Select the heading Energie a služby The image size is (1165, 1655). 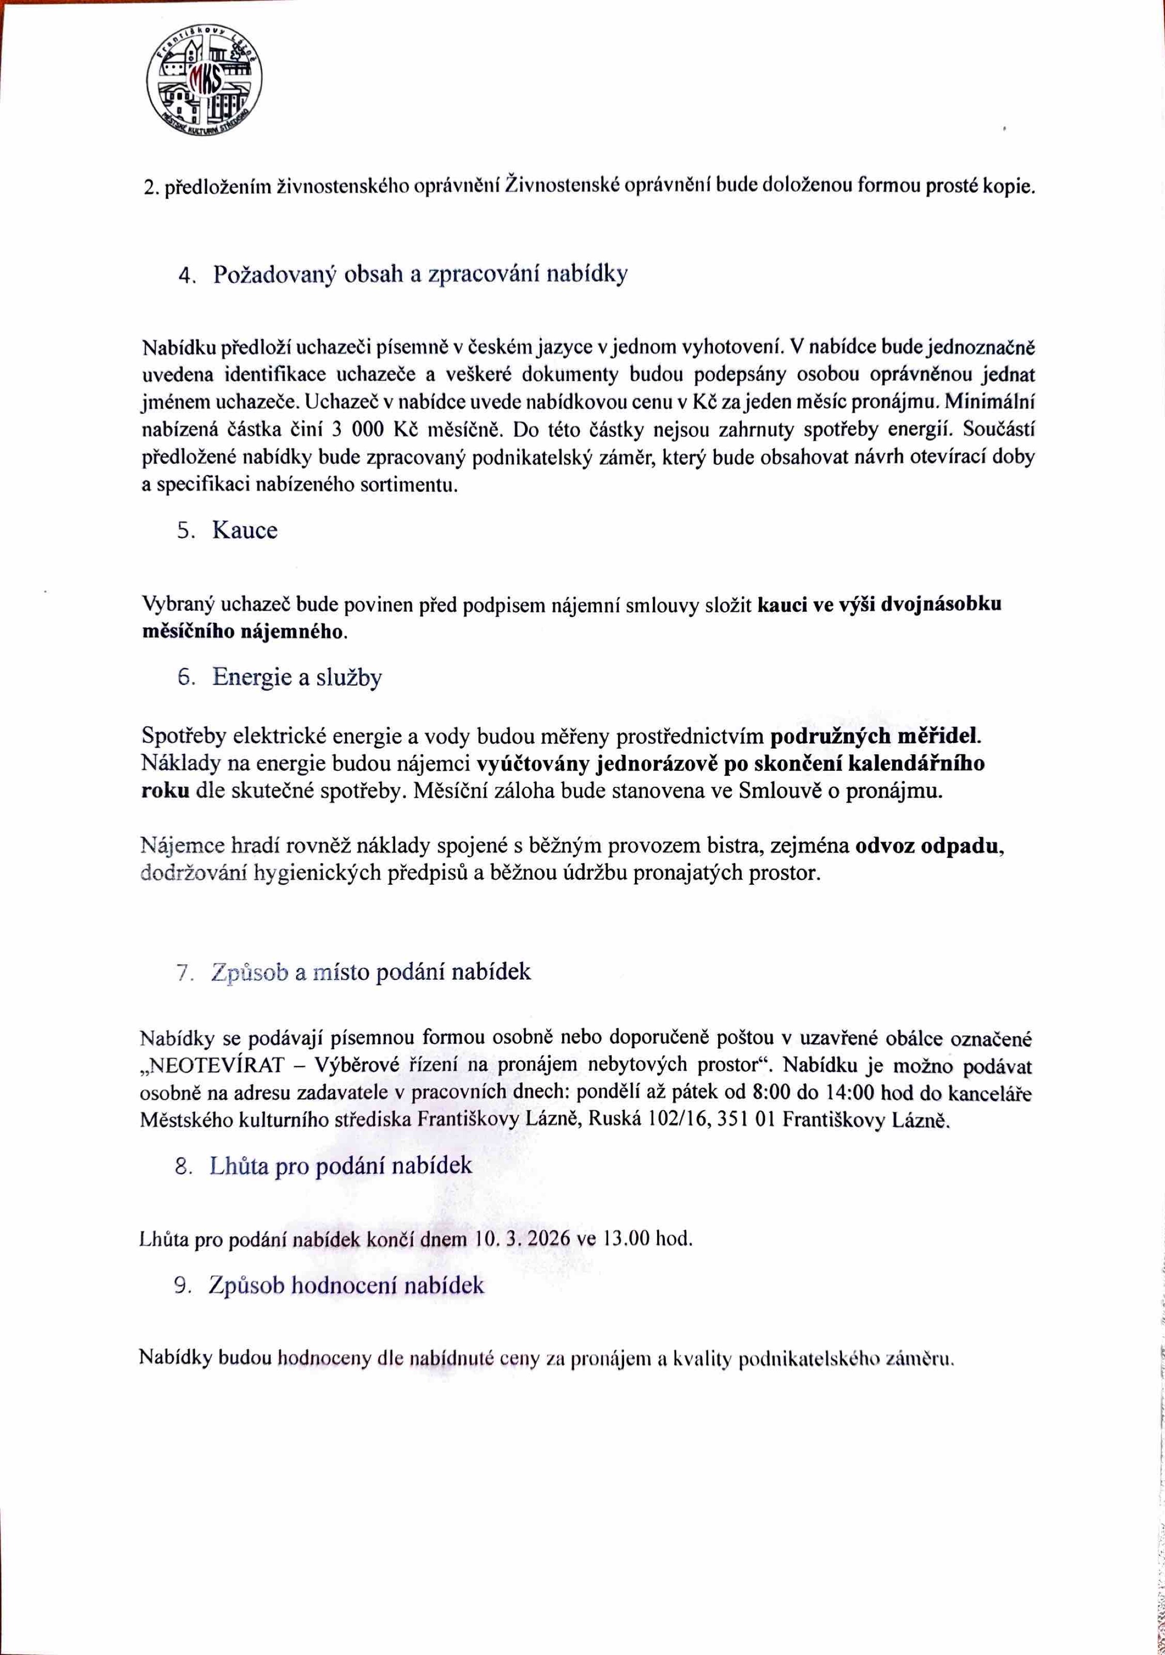tap(296, 678)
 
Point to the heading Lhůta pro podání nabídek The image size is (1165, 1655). tap(340, 1166)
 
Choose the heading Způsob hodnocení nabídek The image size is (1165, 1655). tap(346, 1286)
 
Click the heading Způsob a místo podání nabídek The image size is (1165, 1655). tap(371, 972)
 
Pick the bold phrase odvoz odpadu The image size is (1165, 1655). tap(929, 845)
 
